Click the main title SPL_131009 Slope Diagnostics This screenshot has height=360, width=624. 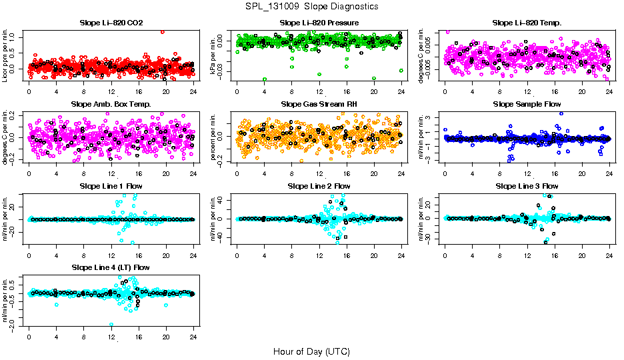311,6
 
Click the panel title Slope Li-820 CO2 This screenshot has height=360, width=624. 111,23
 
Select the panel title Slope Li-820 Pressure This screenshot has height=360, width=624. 319,23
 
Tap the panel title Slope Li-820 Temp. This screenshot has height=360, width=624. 527,23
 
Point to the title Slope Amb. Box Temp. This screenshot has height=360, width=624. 111,104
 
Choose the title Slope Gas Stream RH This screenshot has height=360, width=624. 319,104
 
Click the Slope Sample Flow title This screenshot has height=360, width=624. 527,104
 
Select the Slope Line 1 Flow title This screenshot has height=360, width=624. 111,185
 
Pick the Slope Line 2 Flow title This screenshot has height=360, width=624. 319,185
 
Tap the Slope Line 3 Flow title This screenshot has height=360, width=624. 527,185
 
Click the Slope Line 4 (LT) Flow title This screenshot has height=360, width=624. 111,267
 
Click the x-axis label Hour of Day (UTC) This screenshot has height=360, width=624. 311,351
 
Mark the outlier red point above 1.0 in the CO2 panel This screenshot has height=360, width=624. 163,31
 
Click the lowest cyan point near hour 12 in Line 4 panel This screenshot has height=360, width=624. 111,325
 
